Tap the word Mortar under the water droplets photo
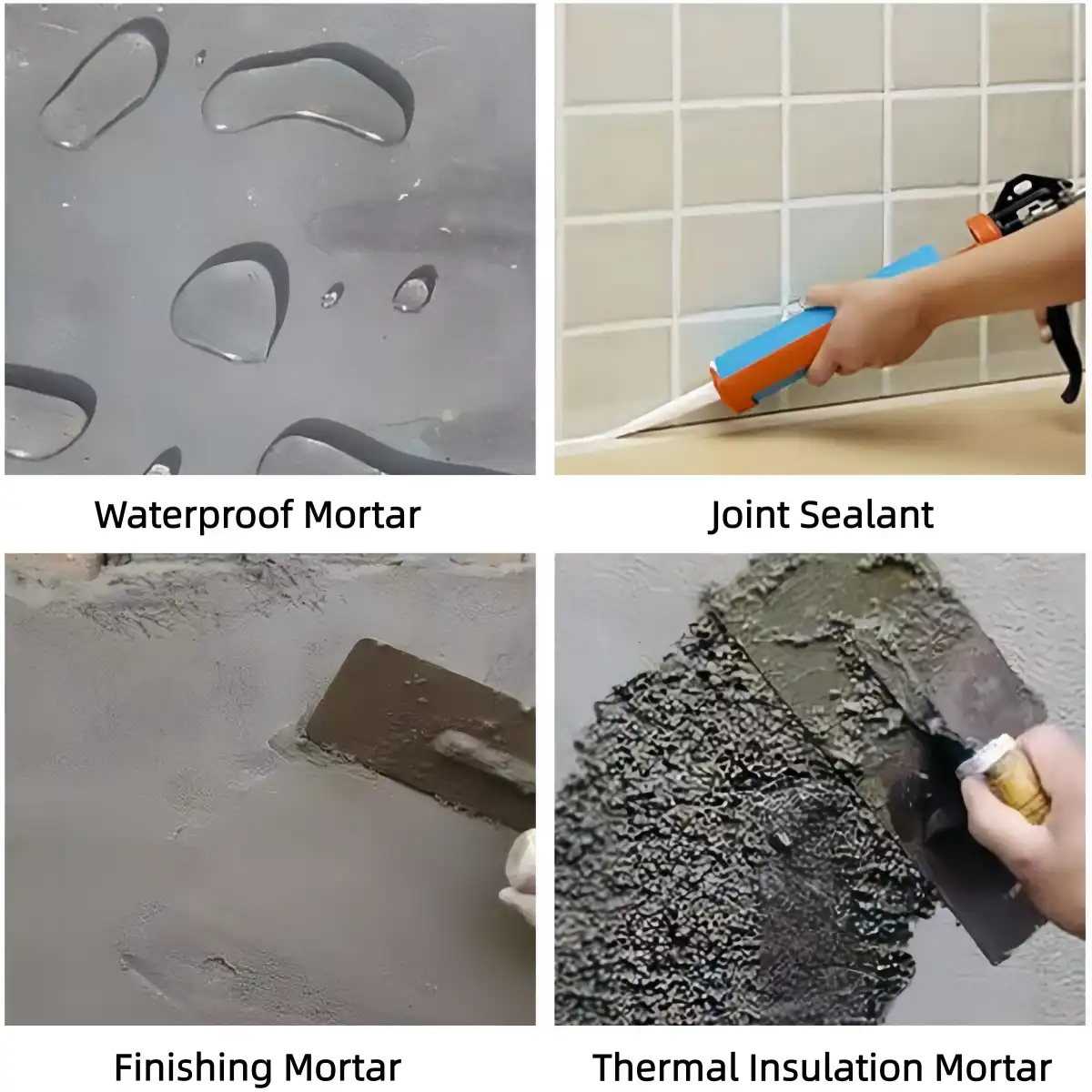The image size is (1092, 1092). (361, 515)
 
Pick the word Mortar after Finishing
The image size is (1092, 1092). (342, 1067)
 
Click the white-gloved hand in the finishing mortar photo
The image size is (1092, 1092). (521, 874)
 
